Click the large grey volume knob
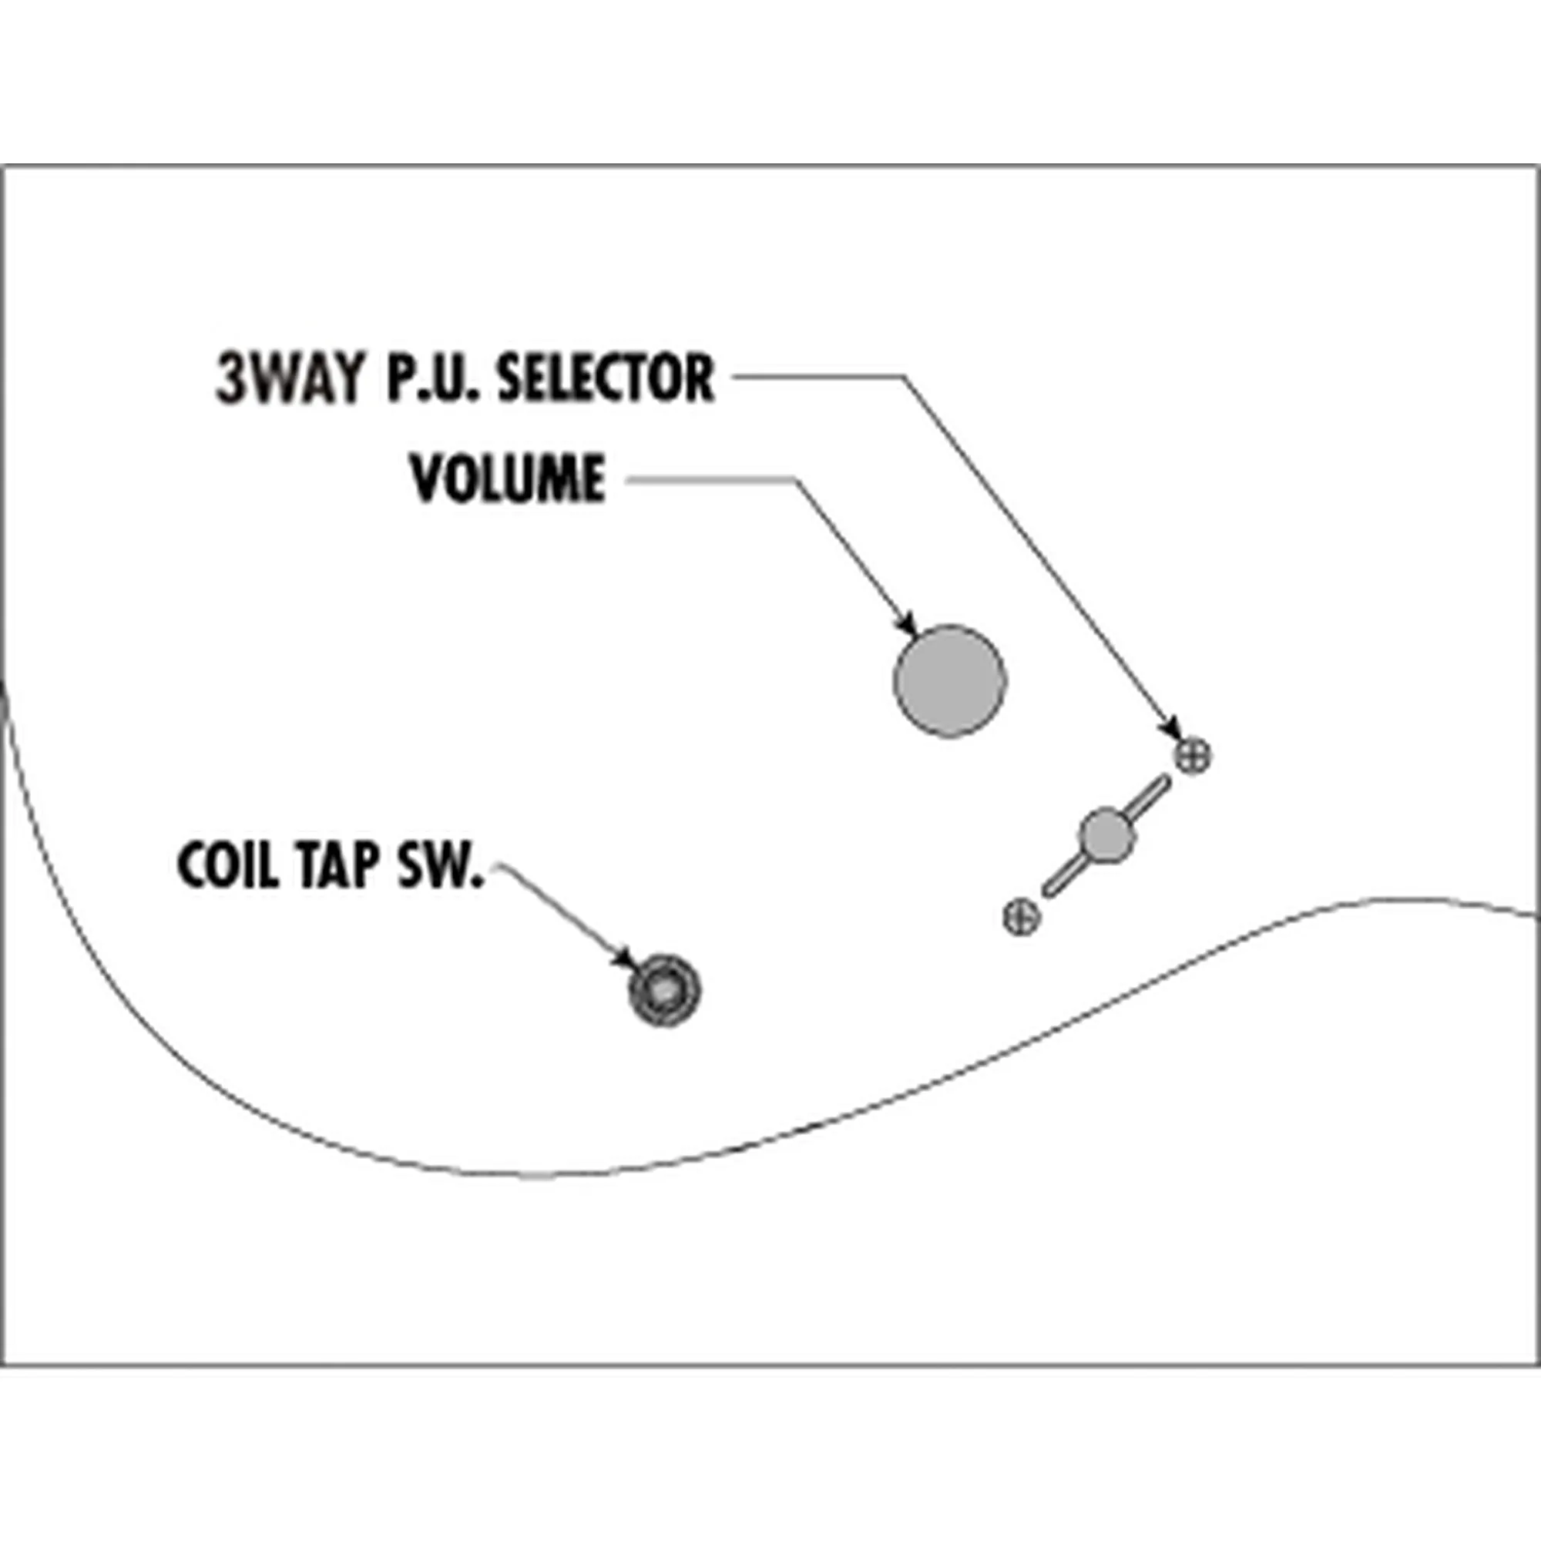click(949, 680)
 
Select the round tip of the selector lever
click(1106, 834)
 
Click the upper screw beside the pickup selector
click(1192, 754)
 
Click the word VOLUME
click(508, 478)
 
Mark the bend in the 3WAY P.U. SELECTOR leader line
click(904, 377)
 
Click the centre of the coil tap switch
click(663, 991)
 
